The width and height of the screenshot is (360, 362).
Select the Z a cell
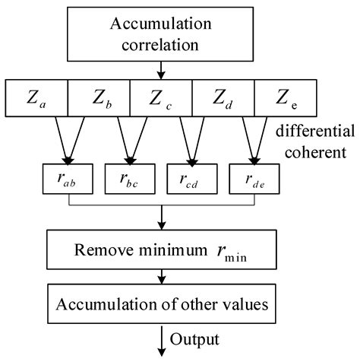(37, 97)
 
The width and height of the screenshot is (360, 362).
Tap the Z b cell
(99, 97)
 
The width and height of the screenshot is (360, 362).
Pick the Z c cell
(161, 97)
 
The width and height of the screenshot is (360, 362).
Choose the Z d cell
(222, 97)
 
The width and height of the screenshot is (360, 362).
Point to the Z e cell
(283, 97)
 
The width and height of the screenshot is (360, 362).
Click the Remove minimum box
(161, 249)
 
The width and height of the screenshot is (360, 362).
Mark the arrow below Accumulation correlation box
(161, 71)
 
